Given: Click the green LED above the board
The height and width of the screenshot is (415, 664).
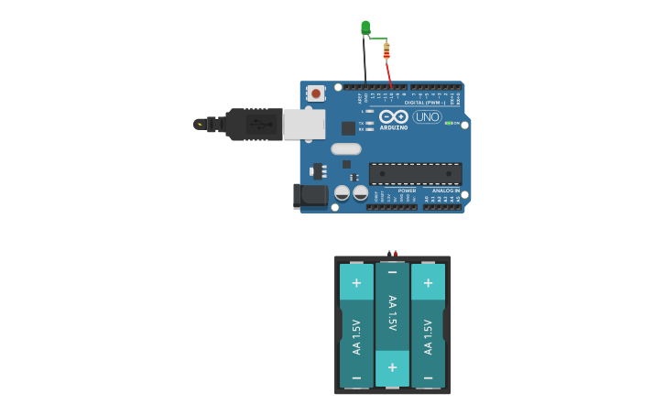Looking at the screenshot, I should tap(365, 27).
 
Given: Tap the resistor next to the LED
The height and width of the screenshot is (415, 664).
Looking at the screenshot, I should tap(386, 51).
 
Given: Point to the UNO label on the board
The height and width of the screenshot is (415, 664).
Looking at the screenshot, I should tap(427, 116).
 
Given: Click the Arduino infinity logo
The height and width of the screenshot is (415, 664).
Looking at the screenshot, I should tap(394, 116).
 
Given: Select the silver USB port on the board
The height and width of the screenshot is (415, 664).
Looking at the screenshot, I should tap(304, 124).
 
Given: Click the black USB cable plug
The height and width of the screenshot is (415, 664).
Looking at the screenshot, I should tap(252, 124).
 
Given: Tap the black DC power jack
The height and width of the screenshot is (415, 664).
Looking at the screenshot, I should tap(310, 195).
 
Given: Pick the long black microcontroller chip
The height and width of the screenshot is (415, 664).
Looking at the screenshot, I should tap(415, 174).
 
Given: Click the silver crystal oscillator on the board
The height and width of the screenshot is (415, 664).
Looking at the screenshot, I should tap(346, 148).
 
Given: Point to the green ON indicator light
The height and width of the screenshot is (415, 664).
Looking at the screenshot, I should tap(448, 123).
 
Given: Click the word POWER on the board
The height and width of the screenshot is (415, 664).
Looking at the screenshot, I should tap(407, 191).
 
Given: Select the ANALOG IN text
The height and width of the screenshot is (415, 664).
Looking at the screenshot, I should tap(446, 191).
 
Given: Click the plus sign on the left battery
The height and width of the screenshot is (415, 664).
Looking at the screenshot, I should tap(356, 282).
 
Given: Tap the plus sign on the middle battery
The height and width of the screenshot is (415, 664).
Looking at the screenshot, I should tap(392, 367).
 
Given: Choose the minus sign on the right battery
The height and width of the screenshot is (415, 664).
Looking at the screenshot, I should tap(428, 377).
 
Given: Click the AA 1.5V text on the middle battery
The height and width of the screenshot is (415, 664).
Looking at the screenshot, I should tap(392, 313).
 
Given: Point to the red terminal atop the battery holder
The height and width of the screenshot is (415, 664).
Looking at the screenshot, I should tap(396, 254).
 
